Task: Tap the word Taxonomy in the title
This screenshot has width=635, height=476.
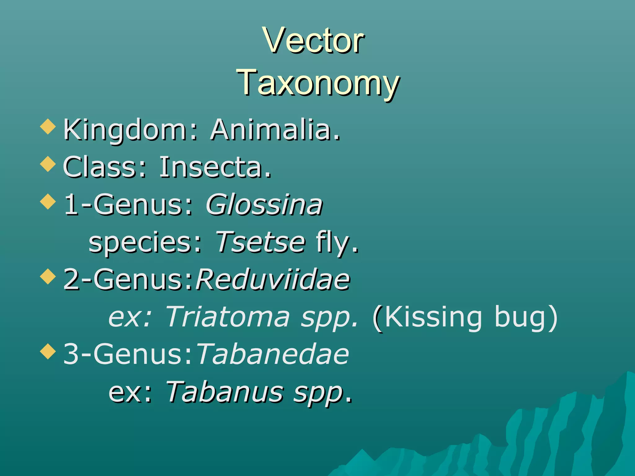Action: pyautogui.click(x=318, y=82)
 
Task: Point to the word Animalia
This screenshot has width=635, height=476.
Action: pyautogui.click(x=275, y=130)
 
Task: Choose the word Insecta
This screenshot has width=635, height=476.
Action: pyautogui.click(x=215, y=167)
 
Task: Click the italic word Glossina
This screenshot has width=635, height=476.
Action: pyautogui.click(x=264, y=205)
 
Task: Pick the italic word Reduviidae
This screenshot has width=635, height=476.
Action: pyautogui.click(x=273, y=280)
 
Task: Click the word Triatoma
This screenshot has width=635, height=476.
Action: pyautogui.click(x=228, y=317)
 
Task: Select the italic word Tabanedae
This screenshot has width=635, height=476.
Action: pyautogui.click(x=273, y=354)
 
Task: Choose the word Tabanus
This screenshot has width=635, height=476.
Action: pyautogui.click(x=224, y=392)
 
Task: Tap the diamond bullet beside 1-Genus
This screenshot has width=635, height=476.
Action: pyautogui.click(x=48, y=201)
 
